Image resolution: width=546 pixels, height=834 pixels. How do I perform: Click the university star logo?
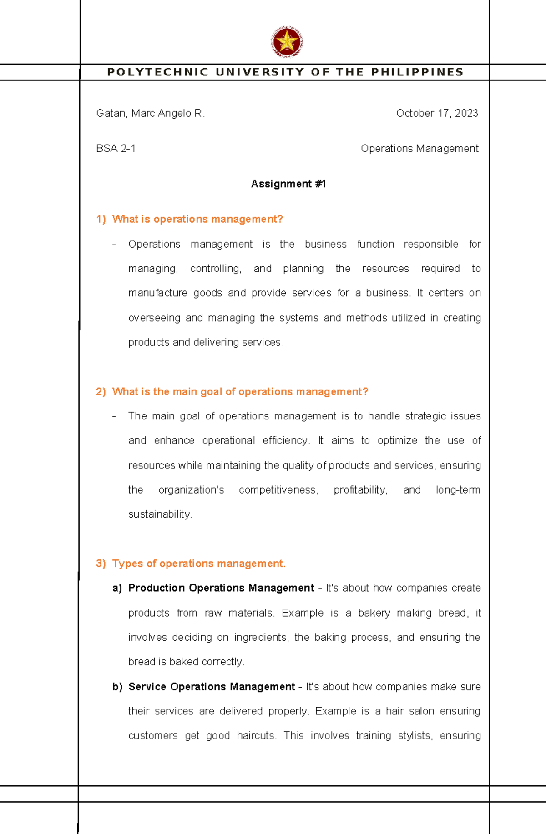click(x=287, y=42)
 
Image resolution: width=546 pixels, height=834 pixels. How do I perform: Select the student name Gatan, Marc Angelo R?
click(x=151, y=113)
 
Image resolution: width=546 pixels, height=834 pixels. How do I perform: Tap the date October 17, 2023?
click(x=437, y=113)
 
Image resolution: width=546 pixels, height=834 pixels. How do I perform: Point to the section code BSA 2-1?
click(x=116, y=149)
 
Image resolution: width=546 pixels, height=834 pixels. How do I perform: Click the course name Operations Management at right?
click(x=419, y=149)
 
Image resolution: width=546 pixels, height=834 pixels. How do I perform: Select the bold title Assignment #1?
click(x=288, y=184)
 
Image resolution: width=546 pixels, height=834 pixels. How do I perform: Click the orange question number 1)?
click(x=101, y=219)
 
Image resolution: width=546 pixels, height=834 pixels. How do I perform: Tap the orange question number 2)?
click(x=101, y=392)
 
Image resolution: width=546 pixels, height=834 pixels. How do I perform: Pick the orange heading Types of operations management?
click(x=199, y=564)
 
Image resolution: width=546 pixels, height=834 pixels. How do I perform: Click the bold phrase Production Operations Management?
click(x=221, y=588)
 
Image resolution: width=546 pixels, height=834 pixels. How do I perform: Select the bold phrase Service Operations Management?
click(x=212, y=687)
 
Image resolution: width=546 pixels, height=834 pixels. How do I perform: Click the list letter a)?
click(x=117, y=588)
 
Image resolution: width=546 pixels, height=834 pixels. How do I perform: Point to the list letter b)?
click(x=117, y=687)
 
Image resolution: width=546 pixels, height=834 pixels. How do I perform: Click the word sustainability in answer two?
click(x=160, y=514)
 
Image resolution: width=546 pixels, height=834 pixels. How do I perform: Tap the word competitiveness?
click(x=278, y=490)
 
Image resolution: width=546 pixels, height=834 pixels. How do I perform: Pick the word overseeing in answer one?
click(x=154, y=318)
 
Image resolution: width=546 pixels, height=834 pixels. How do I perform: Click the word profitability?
click(x=360, y=490)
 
